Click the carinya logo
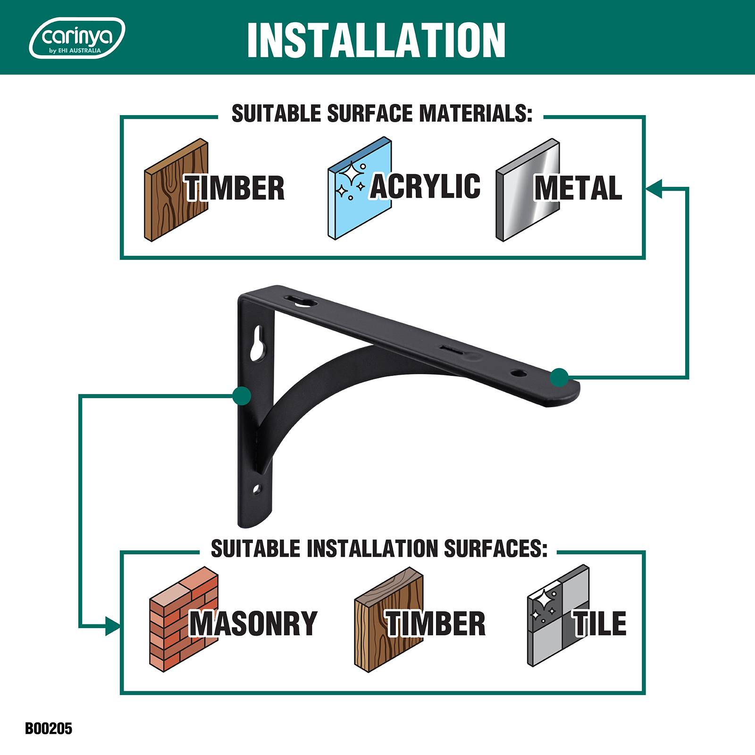coord(77,38)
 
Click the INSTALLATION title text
coord(376,40)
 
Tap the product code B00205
coord(49,728)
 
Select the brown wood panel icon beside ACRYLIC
coord(176,190)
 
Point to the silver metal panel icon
coord(528,190)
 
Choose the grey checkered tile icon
coord(558,616)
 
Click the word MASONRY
coord(253,623)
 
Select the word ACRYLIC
coord(425,185)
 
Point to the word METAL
coord(578,187)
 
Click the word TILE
coord(600,623)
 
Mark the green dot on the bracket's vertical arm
coord(242,395)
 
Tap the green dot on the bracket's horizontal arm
coord(559,377)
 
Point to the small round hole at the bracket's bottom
coord(257,489)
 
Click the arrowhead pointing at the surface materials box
coord(654,188)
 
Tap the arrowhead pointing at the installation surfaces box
coord(113,626)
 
